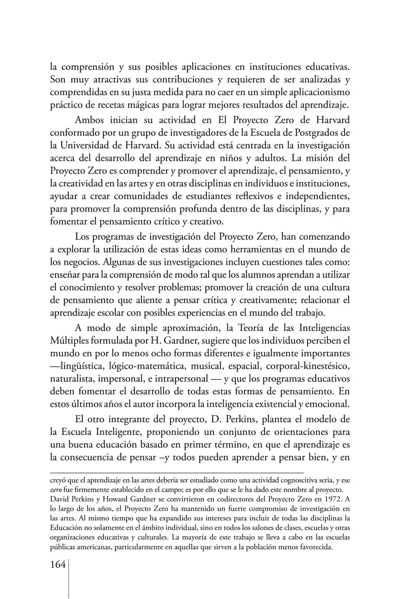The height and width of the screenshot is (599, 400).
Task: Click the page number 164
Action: pyautogui.click(x=57, y=565)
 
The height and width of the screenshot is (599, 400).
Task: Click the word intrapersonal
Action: pyautogui.click(x=181, y=379)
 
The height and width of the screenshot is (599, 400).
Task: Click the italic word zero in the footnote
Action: pyautogui.click(x=56, y=490)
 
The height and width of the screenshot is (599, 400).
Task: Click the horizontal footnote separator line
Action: pyautogui.click(x=177, y=473)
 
